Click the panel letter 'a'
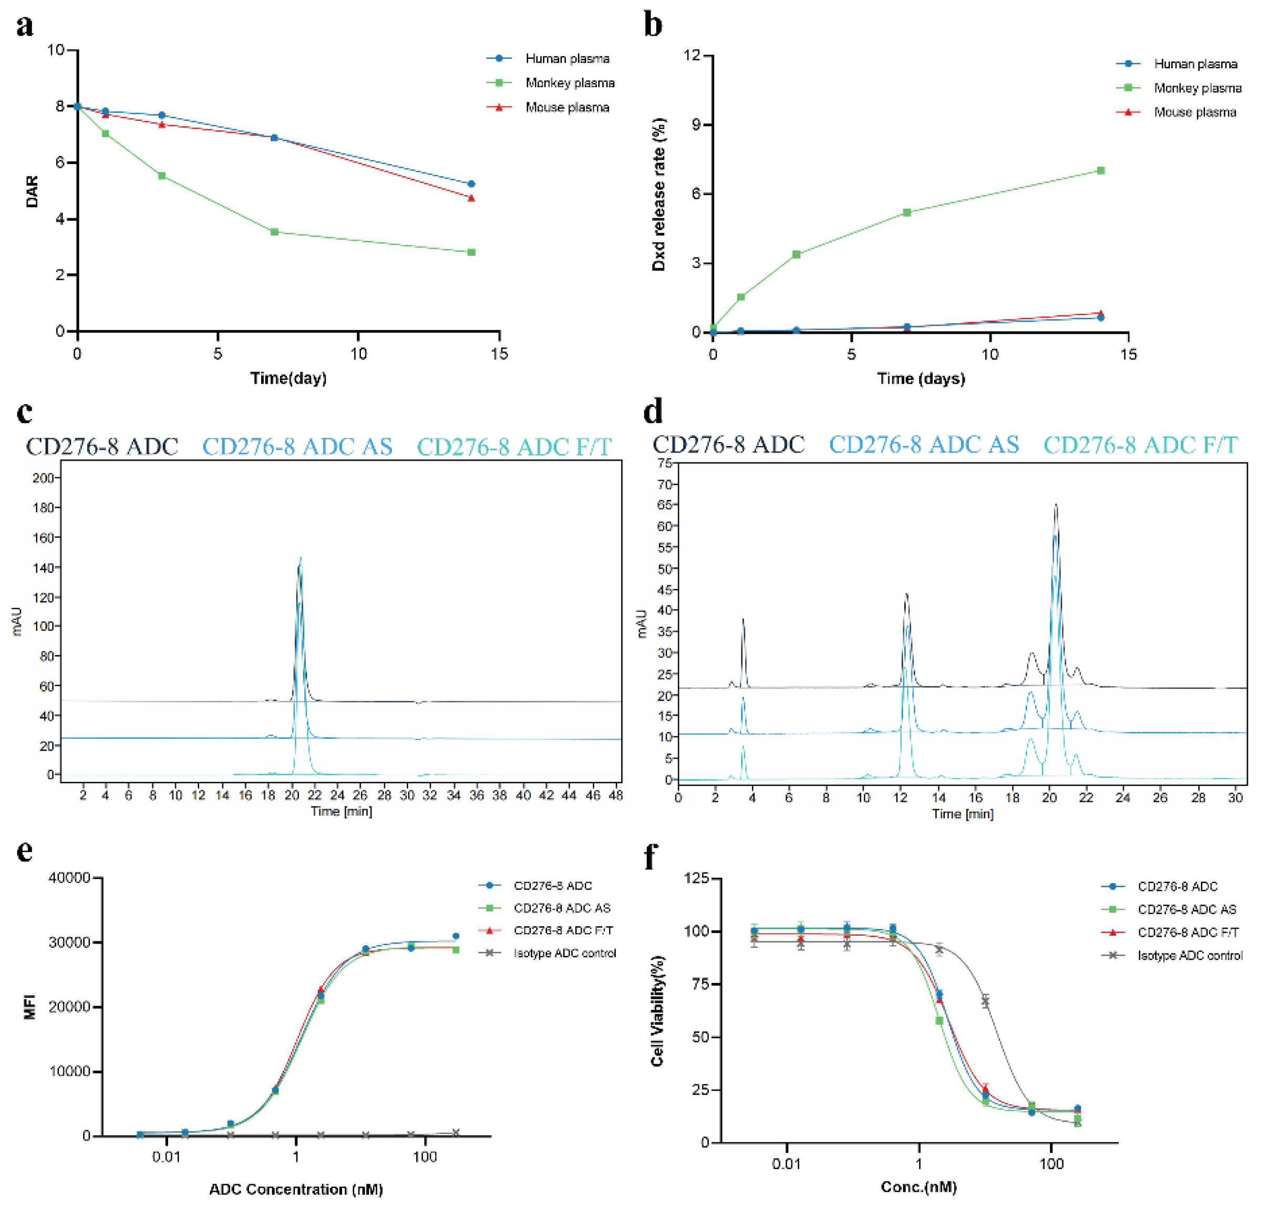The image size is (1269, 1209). click(25, 26)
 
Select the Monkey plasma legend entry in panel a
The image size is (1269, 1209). click(569, 83)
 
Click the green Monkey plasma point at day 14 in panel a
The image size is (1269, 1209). click(471, 252)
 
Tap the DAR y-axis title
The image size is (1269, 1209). click(32, 191)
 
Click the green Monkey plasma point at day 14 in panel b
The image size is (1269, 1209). click(1101, 171)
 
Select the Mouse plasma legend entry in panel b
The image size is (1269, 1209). click(1194, 112)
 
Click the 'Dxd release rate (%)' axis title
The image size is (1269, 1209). click(658, 194)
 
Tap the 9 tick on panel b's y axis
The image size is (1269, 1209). click(695, 125)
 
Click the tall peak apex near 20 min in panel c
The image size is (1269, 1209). click(300, 558)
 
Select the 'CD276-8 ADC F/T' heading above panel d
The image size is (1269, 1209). click(1140, 445)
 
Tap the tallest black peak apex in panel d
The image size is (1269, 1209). click(1055, 505)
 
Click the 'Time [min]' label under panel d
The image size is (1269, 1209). click(962, 814)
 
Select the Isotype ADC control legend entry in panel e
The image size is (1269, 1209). click(564, 953)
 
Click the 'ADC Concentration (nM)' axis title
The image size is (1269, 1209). click(296, 1189)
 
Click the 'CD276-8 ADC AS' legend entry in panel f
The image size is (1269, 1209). click(1186, 909)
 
